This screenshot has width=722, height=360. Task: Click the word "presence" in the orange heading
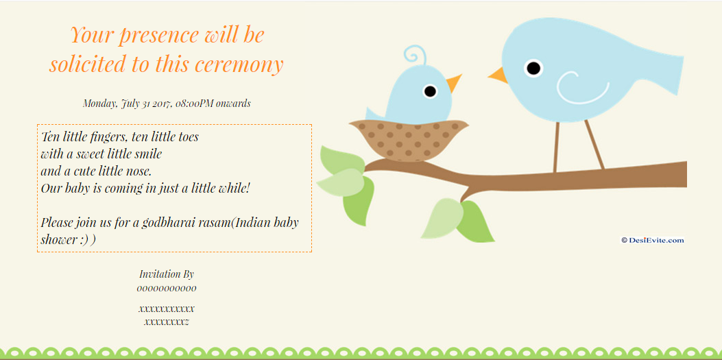(159, 36)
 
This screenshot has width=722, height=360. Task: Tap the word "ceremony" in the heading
(238, 64)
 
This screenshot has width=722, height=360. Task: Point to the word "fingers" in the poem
(107, 137)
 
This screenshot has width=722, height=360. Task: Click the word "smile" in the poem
(147, 154)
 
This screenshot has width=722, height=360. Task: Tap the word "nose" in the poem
(139, 171)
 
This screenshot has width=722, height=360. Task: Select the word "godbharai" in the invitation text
(169, 223)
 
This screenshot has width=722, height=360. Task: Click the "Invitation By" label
(167, 274)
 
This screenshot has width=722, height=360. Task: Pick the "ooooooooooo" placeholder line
(167, 289)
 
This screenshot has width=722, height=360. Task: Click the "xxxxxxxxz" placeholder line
(167, 322)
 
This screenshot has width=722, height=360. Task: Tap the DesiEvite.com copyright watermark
(653, 240)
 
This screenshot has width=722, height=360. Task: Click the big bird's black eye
(533, 68)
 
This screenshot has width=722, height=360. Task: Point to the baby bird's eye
(430, 91)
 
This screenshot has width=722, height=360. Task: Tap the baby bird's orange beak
(454, 82)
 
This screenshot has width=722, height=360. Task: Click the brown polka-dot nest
(409, 140)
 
